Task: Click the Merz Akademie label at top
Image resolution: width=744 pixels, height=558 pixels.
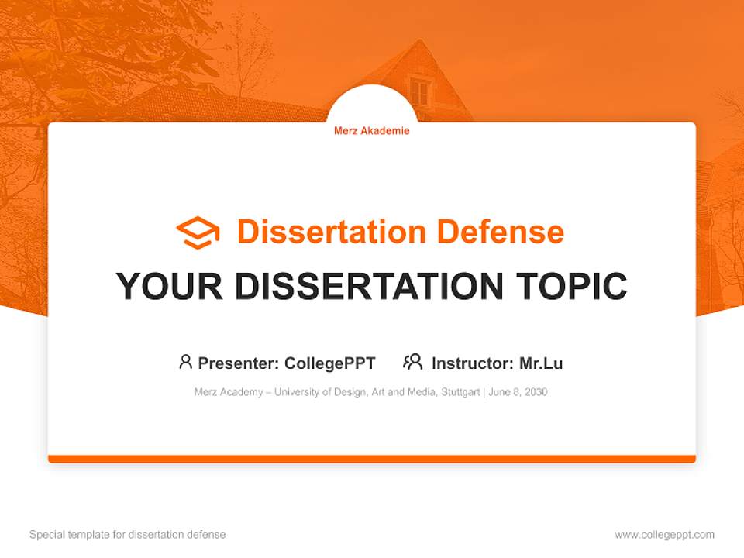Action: point(371,131)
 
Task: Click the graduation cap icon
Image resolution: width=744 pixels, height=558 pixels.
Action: point(198,232)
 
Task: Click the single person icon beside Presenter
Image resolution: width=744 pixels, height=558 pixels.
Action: point(185,362)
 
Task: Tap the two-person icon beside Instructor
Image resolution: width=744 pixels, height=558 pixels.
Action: point(412,362)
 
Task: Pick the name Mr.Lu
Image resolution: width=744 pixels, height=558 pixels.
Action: point(541,363)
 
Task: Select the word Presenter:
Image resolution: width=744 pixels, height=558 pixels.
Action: point(239,363)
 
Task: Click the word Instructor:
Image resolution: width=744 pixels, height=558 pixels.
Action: point(473,363)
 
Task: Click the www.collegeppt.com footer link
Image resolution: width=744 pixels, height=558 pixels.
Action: point(664,535)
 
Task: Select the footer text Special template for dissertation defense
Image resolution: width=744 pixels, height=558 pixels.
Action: point(128,535)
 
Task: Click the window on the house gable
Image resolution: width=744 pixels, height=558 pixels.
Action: point(418,92)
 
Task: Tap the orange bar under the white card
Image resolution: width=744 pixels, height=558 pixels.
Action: point(371,459)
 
